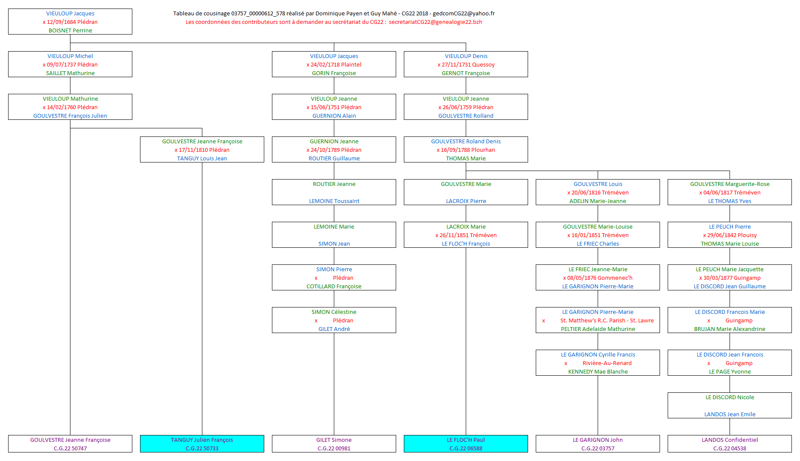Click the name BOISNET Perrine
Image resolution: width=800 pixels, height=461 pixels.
coord(70,30)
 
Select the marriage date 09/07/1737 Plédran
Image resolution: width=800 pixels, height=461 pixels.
coord(72,64)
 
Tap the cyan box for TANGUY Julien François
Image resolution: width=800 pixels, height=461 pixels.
coord(202,444)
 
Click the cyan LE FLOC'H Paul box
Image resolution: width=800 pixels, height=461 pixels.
coord(466,444)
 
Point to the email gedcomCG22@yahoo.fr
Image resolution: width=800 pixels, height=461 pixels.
coord(464,13)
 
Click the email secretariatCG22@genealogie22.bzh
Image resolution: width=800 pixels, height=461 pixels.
coord(435,22)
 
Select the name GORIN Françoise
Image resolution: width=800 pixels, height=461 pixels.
coord(334,73)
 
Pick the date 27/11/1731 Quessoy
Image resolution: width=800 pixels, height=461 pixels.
coord(468,64)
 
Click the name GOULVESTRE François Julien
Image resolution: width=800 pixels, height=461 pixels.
coord(70,116)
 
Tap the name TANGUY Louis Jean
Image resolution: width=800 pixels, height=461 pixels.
coord(202,158)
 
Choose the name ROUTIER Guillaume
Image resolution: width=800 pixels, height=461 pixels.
coord(334,158)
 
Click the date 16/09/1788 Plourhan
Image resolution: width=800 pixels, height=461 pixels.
coord(468,150)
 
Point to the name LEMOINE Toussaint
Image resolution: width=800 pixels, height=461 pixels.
coord(334,201)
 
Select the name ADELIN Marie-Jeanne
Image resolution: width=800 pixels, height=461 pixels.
coord(598,201)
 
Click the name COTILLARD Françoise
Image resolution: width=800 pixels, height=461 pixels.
coord(334,286)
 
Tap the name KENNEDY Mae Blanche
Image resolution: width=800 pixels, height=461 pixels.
coord(598,371)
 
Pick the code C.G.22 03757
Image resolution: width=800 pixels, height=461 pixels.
coord(598,448)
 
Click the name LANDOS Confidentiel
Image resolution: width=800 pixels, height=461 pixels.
coord(730,440)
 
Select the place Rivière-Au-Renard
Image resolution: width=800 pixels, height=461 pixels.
coord(607,363)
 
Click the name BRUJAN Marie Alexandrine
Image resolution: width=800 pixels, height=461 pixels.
coord(730,329)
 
